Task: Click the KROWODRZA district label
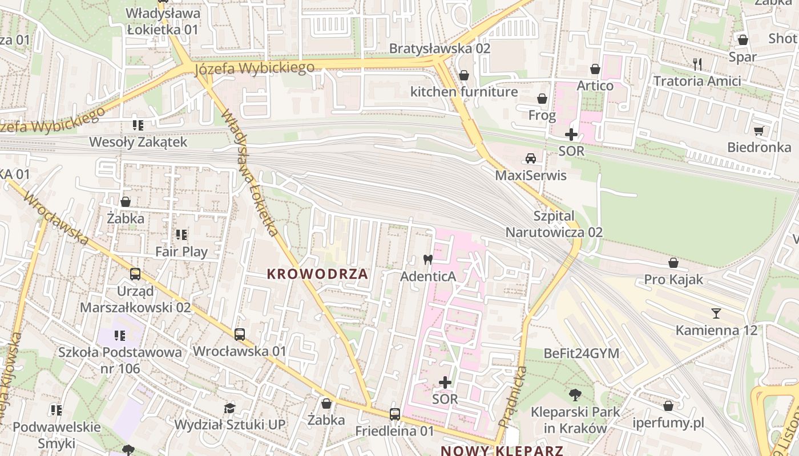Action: click(317, 274)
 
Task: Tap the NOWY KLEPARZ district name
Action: click(502, 451)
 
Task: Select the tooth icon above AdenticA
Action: click(427, 259)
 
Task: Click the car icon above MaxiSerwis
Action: click(531, 158)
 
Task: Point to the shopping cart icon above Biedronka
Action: click(758, 131)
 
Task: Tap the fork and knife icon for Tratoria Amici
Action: click(697, 64)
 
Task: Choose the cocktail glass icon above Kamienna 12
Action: click(716, 313)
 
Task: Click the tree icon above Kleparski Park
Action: click(575, 394)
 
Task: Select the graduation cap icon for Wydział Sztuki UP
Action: click(229, 408)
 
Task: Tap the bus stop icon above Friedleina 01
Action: click(394, 414)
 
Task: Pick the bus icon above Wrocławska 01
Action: click(240, 335)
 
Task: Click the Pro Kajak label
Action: click(673, 280)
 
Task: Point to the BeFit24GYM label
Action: click(582, 353)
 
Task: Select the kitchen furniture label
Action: click(464, 92)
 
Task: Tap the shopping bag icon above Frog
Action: click(542, 99)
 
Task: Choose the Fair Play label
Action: click(181, 251)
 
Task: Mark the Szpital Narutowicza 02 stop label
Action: click(554, 224)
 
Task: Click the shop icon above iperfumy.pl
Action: click(668, 406)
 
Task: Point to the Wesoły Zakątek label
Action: click(138, 142)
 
